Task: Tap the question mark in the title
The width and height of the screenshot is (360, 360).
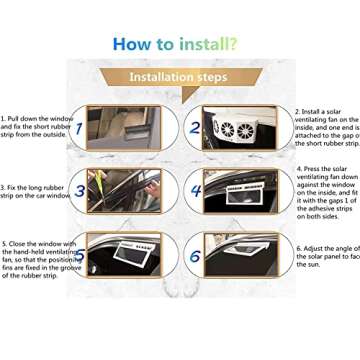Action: click(x=232, y=44)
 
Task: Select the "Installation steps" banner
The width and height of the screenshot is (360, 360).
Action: click(x=180, y=77)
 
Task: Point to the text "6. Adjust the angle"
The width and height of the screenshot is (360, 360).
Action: click(x=326, y=255)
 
